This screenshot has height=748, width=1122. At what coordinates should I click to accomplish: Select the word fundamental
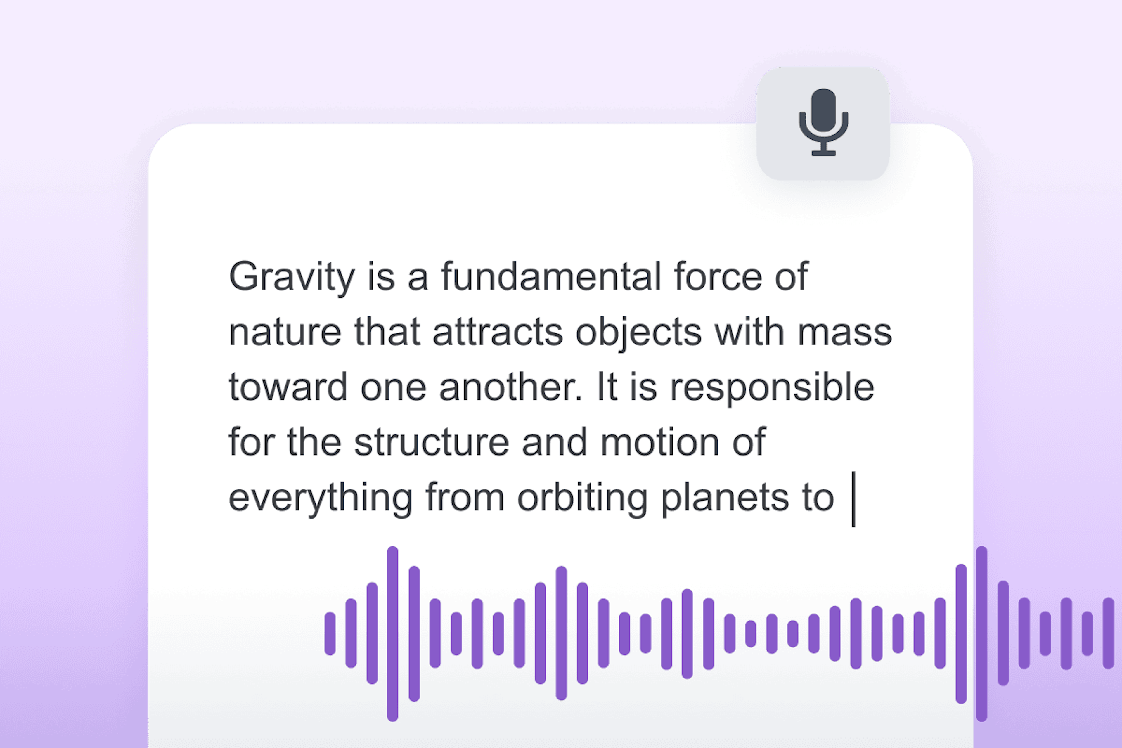point(551,277)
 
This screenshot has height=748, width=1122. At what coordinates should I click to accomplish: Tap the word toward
point(288,387)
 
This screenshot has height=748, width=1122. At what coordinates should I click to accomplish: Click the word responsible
point(772,387)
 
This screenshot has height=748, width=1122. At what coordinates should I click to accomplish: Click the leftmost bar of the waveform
point(330,633)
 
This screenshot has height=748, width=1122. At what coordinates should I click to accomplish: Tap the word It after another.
point(607,387)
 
